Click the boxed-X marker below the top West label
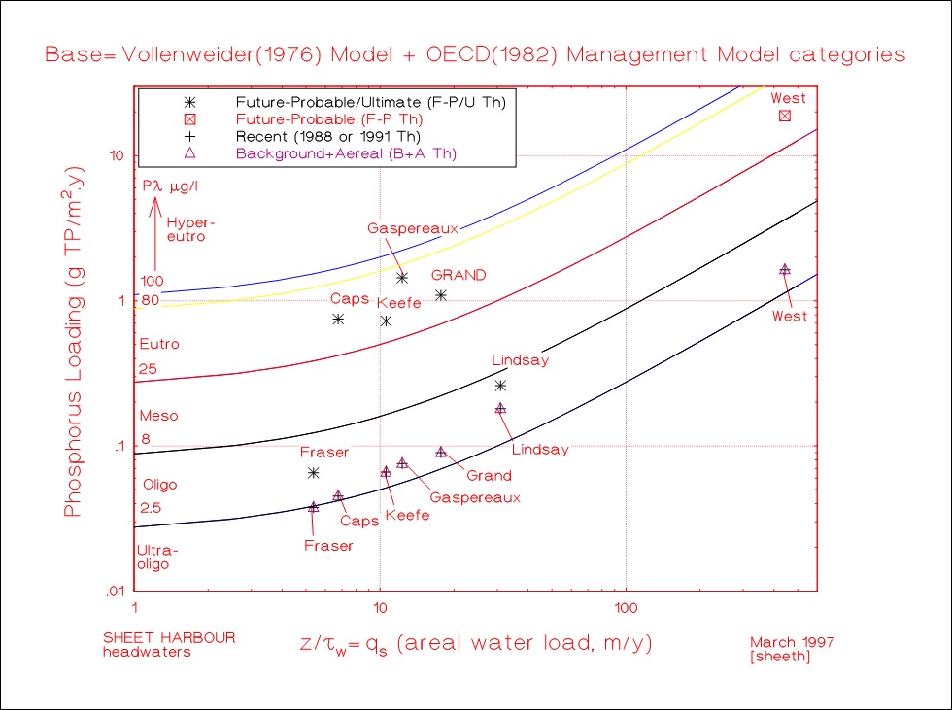pos(785,117)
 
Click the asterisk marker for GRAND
pos(441,295)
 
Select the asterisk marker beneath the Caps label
pos(338,319)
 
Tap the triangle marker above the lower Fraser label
pos(313,507)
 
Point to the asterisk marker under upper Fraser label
pos(313,473)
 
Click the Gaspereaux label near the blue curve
pos(412,228)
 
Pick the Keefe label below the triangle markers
pos(407,516)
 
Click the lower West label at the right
pos(789,317)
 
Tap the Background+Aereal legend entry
pos(345,153)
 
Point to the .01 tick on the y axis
pos(117,592)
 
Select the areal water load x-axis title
pos(477,643)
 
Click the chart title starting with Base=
pos(475,54)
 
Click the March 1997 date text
pos(792,642)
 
